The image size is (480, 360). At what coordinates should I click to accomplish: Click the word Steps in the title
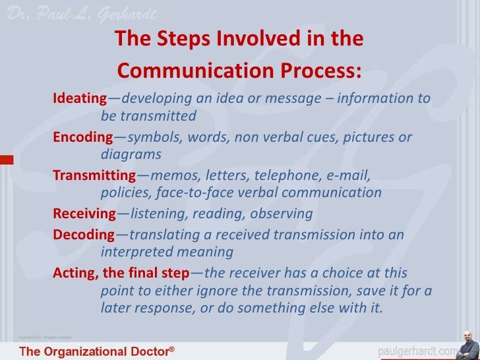click(x=179, y=40)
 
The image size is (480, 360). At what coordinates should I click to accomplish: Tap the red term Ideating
click(x=79, y=100)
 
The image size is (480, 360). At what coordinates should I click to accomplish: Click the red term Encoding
click(x=82, y=138)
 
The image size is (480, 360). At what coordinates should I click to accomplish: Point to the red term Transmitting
click(x=94, y=176)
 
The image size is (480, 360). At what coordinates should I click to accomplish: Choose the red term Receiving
click(x=84, y=214)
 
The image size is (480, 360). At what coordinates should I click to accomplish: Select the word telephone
click(x=287, y=176)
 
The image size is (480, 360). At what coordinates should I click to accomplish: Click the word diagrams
click(x=131, y=155)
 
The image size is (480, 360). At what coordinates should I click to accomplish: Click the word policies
click(x=123, y=193)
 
